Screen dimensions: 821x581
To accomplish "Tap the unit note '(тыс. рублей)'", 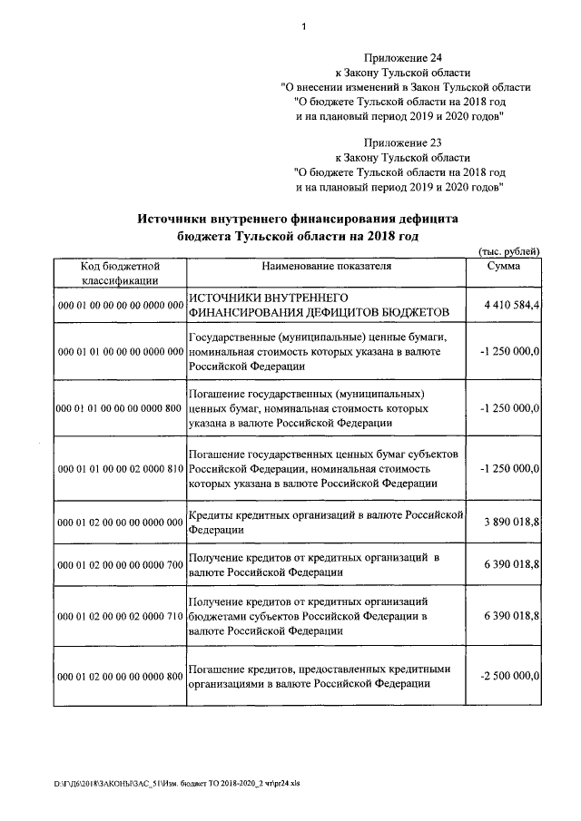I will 509,251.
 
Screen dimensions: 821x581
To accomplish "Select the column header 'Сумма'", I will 503,266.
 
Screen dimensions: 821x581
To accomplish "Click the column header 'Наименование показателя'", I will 326,266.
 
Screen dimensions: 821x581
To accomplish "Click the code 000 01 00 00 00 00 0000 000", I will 120,307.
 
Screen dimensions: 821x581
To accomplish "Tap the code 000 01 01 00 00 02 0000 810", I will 120,468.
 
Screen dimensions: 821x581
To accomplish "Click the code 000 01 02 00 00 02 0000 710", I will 120,616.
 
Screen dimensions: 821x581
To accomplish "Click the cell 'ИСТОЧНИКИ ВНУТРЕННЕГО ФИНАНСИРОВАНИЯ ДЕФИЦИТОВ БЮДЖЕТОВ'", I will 319,305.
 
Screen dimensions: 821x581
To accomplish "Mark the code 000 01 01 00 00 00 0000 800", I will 120,409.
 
